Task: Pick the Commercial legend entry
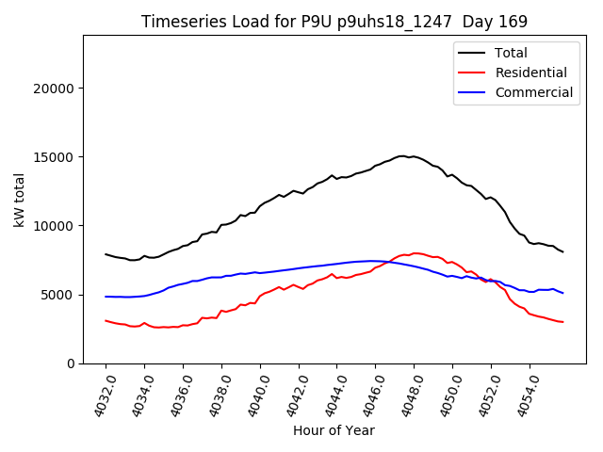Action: click(x=533, y=92)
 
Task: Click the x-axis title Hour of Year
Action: click(x=334, y=431)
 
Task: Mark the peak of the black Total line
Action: click(x=402, y=156)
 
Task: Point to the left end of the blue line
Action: click(x=106, y=297)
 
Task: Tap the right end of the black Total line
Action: click(x=563, y=252)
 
